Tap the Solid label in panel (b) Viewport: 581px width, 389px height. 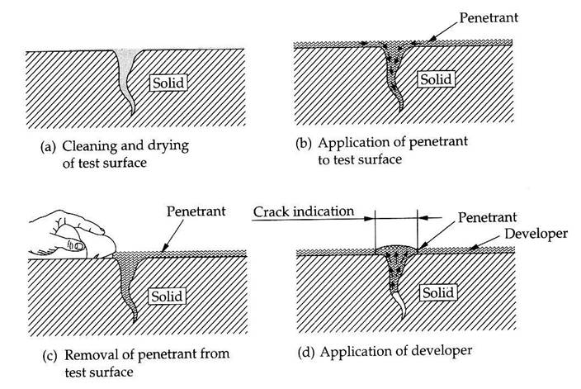435,79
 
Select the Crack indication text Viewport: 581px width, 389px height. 303,211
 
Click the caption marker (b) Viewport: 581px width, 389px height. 304,141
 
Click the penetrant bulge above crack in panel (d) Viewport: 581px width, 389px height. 396,249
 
